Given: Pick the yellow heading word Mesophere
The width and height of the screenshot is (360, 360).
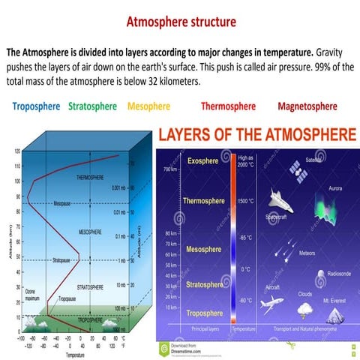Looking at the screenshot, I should (148, 106).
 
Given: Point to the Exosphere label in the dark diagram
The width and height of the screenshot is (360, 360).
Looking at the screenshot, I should (202, 160).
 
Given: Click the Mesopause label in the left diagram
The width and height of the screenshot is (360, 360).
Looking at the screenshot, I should (64, 203).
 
